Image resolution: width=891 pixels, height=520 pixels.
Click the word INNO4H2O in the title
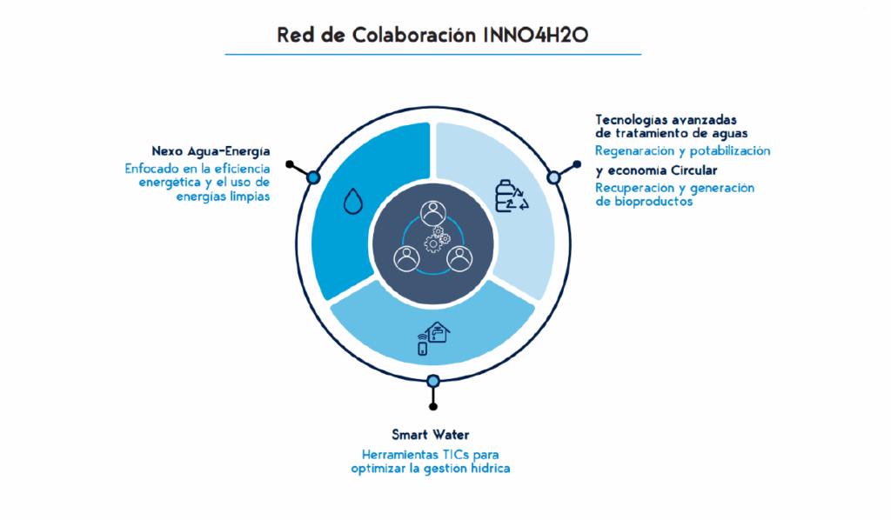pos(536,35)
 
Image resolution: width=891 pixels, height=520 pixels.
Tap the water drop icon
pos(353,201)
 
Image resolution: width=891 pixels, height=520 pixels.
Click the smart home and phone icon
pos(433,338)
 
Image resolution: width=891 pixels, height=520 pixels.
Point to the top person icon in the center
pos(433,213)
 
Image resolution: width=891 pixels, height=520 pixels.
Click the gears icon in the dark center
pos(437,239)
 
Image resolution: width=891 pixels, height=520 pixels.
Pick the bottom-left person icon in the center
pos(407,259)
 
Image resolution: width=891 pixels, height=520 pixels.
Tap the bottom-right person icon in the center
pos(459,259)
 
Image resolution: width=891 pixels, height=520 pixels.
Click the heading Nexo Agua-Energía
pos(211,151)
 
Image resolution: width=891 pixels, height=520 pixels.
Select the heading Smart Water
pos(430,435)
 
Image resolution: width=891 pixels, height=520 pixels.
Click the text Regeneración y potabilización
pos(682,151)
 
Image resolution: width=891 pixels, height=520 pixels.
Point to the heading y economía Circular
pos(656,170)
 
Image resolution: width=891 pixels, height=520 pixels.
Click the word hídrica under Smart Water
pos(491,469)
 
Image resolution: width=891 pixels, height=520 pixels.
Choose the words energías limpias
pos(223,197)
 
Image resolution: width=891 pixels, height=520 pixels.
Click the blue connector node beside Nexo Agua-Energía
pos(313,177)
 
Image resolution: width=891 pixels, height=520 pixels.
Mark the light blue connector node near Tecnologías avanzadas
pos(553,177)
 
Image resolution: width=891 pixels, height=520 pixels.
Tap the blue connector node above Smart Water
pos(433,380)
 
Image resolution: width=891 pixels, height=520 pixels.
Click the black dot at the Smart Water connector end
pos(433,406)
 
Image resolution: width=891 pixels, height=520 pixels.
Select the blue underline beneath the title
pos(433,55)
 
